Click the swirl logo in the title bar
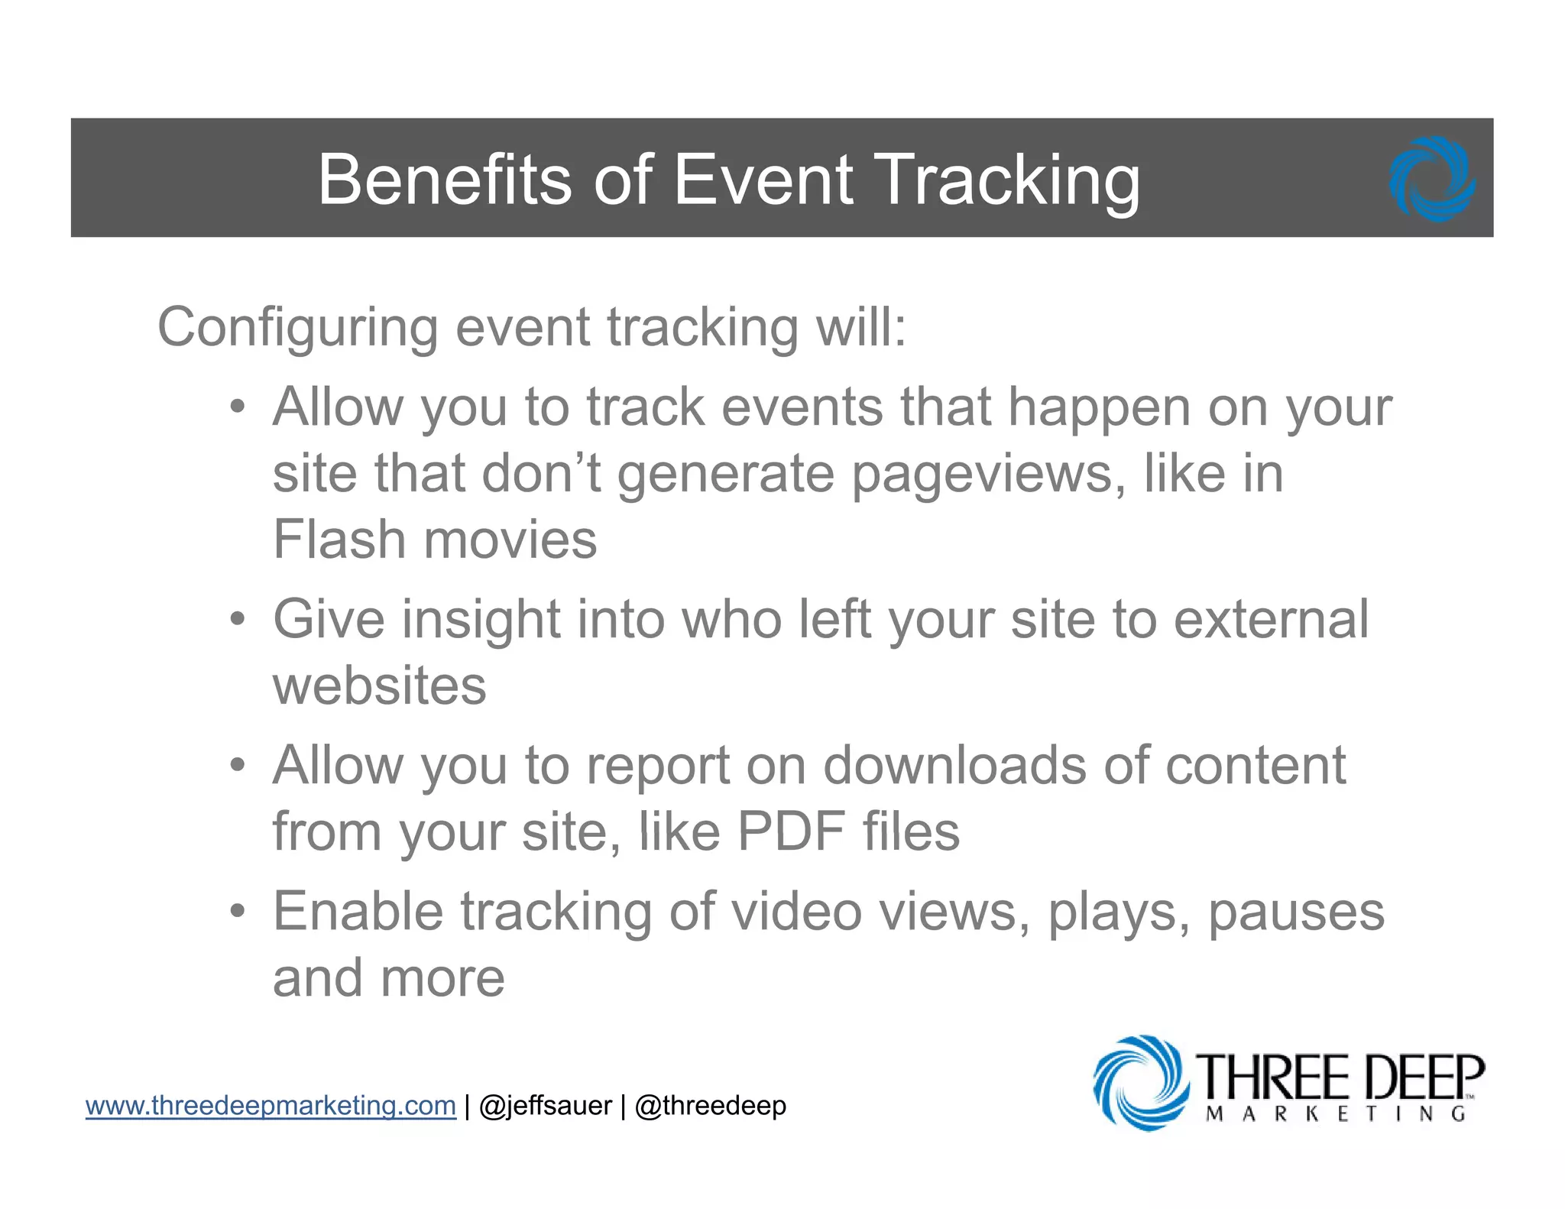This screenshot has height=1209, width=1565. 1432,180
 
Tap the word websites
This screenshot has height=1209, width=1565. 380,686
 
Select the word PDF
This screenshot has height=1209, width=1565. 791,831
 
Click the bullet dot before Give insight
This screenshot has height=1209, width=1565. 238,619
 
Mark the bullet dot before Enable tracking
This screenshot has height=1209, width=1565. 238,911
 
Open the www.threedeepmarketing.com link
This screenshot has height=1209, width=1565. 271,1106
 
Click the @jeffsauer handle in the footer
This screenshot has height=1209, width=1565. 545,1106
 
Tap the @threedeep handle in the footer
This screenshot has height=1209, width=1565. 710,1106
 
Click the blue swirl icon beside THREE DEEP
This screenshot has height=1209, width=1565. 1141,1082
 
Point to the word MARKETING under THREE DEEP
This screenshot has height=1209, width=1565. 1335,1114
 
